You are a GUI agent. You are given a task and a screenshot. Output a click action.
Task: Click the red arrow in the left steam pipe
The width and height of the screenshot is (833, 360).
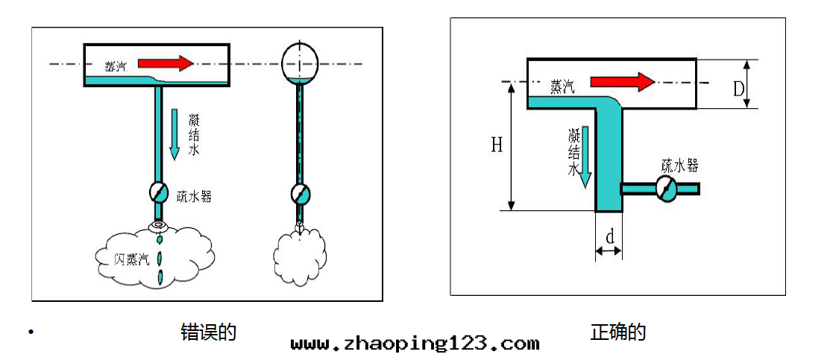point(166,63)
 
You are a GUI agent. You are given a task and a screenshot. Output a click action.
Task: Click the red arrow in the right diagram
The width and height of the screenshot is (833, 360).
point(621,82)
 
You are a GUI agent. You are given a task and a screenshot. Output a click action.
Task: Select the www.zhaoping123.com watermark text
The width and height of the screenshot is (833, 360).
point(415,344)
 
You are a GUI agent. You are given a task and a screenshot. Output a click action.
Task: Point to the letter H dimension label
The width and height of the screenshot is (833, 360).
point(496,145)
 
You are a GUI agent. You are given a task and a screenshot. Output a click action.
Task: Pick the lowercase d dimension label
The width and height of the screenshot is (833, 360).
point(610,236)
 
